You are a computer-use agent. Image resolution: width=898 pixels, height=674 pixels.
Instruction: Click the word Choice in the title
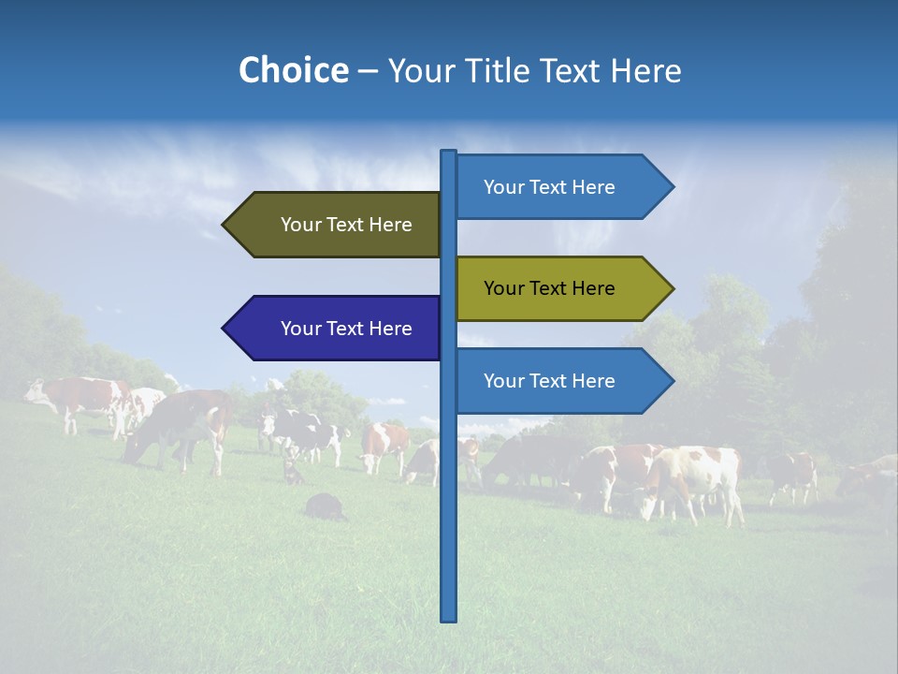tap(293, 70)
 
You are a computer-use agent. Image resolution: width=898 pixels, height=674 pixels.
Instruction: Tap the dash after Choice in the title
tap(368, 71)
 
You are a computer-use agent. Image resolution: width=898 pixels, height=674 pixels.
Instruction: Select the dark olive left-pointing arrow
tap(332, 225)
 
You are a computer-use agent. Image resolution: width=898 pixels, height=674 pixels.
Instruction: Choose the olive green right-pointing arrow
tap(561, 288)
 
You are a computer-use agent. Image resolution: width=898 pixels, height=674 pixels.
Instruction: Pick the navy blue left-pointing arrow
tap(332, 329)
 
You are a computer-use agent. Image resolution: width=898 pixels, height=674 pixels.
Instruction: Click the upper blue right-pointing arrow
tap(561, 187)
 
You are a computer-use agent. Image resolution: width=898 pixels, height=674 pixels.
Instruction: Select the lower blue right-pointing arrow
tap(561, 381)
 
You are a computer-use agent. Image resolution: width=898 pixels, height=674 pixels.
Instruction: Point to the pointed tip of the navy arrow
tap(225, 329)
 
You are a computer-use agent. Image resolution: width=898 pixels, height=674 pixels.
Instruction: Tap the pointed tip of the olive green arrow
tap(671, 288)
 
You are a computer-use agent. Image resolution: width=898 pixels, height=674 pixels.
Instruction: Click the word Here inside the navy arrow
tap(390, 329)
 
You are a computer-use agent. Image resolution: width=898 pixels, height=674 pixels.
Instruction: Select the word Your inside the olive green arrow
tap(502, 288)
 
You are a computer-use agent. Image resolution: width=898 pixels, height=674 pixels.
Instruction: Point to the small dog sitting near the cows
tap(294, 471)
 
